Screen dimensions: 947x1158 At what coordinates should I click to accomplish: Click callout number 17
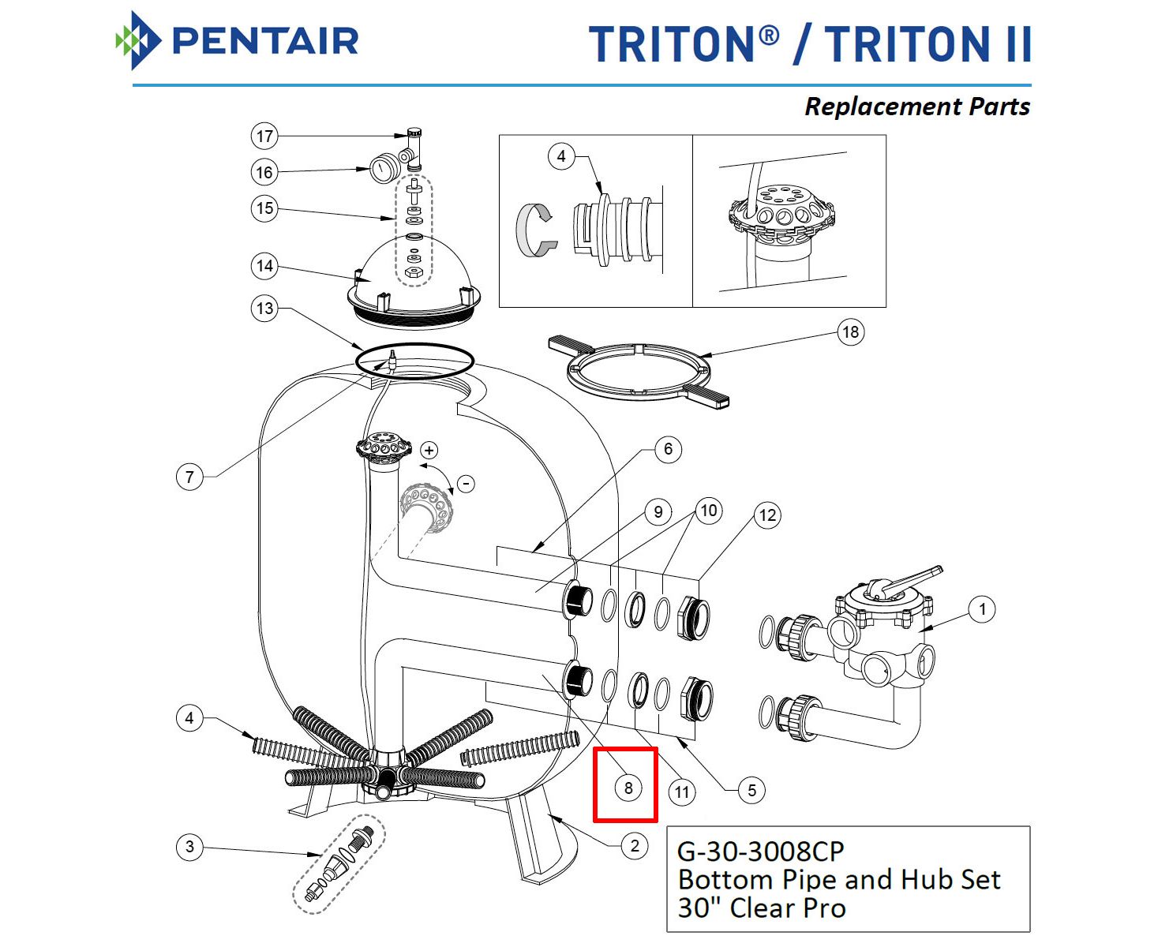tap(264, 137)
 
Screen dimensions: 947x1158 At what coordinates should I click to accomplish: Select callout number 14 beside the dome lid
tap(264, 266)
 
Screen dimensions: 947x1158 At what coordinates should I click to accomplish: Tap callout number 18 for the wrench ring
tap(850, 332)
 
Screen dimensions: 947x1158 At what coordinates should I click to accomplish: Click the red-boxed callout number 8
tap(628, 788)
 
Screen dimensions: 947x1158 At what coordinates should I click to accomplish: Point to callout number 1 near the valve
tap(982, 609)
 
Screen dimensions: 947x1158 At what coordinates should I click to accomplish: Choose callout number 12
tap(767, 516)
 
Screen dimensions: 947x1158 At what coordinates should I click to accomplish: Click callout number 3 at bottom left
tap(189, 847)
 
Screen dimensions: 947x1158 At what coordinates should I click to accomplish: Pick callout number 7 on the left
tap(189, 477)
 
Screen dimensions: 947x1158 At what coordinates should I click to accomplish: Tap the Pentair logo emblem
tap(138, 40)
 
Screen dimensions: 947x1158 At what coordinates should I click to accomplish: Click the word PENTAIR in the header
tap(265, 41)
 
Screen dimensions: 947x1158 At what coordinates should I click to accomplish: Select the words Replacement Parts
tap(916, 107)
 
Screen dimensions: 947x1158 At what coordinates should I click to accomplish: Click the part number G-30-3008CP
tap(761, 852)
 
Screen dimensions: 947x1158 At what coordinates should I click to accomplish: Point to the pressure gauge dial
tap(384, 169)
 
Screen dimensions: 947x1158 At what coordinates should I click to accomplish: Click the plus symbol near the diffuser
tap(429, 451)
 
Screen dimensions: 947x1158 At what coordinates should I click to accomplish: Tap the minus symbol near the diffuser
tap(467, 483)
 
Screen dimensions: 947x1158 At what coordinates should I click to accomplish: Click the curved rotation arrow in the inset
tap(534, 228)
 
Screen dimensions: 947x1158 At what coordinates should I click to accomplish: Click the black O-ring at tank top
tap(414, 361)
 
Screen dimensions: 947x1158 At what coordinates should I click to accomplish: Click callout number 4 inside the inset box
tap(560, 156)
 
